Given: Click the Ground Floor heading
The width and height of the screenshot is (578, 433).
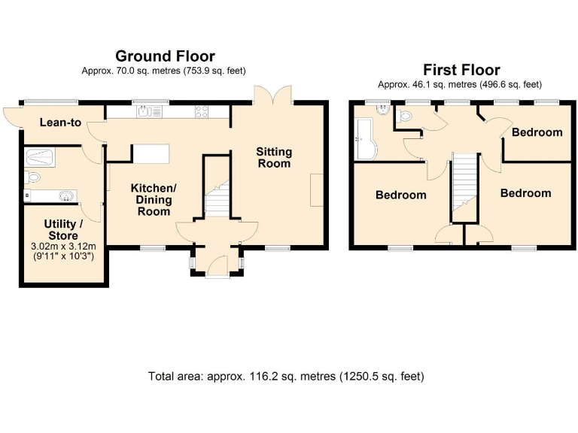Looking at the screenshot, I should [164, 56].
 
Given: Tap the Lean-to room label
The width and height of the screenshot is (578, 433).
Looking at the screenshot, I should [60, 122].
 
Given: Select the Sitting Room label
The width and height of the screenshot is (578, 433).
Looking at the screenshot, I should [274, 157].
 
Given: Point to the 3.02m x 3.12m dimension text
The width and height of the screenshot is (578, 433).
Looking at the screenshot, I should [64, 247].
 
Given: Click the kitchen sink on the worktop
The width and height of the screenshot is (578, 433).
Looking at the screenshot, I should [146, 112].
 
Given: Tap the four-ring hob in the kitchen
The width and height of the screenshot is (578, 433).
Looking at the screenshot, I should [202, 112].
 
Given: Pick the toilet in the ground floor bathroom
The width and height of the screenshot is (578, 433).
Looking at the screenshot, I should [32, 177].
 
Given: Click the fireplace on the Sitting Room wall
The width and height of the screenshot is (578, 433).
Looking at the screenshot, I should [318, 189].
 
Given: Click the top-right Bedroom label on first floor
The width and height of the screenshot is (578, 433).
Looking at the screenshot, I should [537, 132].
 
